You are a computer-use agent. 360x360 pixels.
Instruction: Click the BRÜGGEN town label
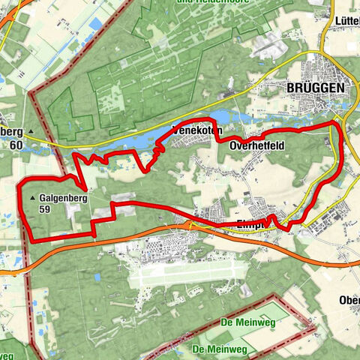coord(316,88)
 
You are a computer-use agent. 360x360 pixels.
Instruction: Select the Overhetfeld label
coord(257,145)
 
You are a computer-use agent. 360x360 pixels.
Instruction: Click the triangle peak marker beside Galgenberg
coord(33,199)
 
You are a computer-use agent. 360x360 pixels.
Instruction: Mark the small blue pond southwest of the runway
coord(96,277)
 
